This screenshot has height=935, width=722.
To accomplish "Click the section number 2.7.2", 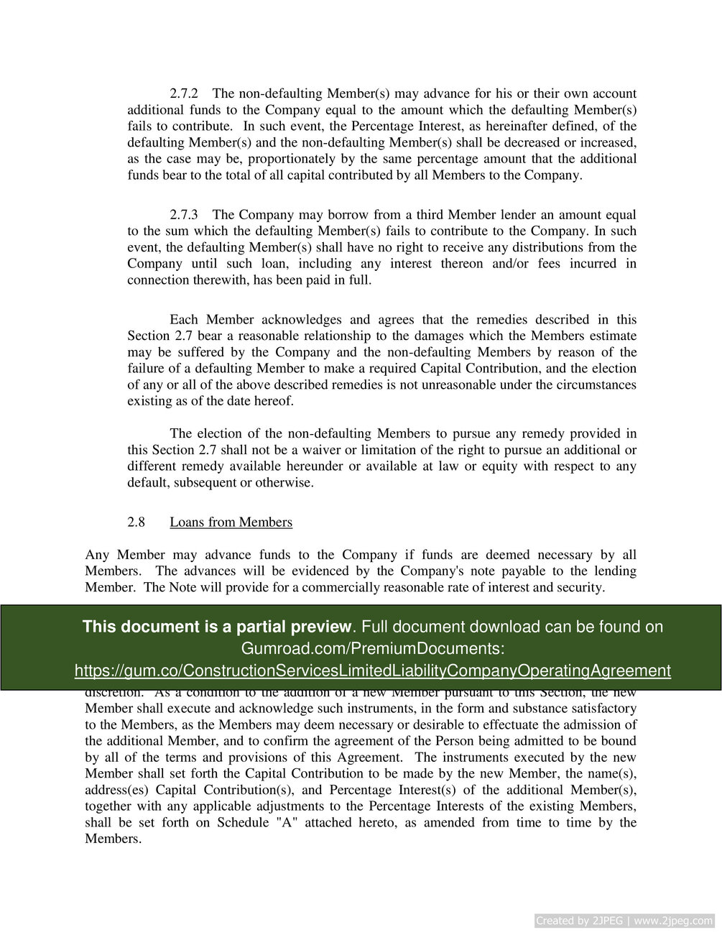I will [x=185, y=93].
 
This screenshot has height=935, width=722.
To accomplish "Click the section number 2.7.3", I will [x=185, y=215].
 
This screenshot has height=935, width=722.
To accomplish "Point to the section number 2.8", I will [x=136, y=522].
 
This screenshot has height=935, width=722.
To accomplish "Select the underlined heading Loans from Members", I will [x=231, y=522].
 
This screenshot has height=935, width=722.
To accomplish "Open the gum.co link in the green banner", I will [x=372, y=671].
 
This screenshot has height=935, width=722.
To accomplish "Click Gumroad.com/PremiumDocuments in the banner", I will [x=372, y=648].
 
